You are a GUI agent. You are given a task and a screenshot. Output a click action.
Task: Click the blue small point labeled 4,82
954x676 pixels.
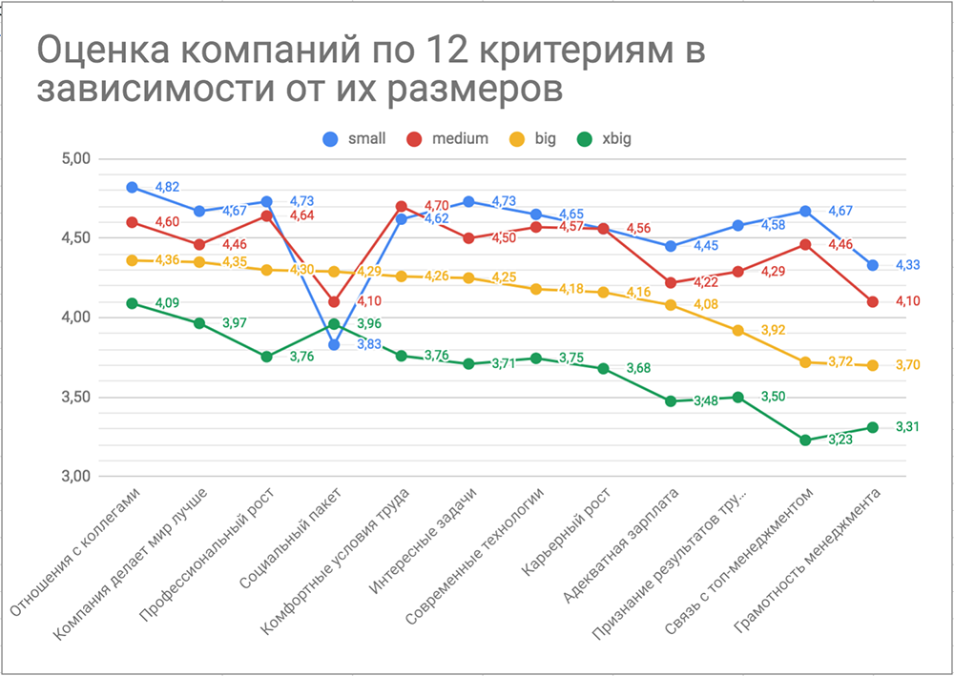[x=132, y=187]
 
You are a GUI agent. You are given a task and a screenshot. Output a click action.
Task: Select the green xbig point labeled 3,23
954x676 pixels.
[x=805, y=440]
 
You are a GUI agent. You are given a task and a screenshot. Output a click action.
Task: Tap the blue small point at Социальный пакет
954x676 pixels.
[x=334, y=345]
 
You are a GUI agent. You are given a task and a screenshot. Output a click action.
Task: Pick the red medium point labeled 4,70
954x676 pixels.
[x=402, y=206]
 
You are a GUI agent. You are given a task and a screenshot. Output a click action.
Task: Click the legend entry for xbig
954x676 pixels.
[x=607, y=138]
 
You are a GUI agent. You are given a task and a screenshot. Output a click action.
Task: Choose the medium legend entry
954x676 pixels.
[x=448, y=138]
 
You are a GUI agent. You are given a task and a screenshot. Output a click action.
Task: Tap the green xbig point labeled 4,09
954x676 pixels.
[x=132, y=303]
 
